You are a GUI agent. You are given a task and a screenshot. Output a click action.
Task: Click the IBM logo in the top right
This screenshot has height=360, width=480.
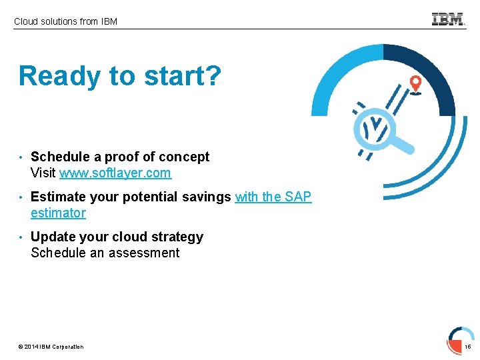pyautogui.click(x=448, y=19)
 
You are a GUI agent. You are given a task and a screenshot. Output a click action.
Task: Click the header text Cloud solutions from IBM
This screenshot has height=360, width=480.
pyautogui.click(x=65, y=21)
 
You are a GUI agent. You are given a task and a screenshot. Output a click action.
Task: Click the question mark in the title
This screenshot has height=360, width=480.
pyautogui.click(x=212, y=76)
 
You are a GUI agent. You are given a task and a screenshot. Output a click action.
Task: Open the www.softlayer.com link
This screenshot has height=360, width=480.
pyautogui.click(x=115, y=173)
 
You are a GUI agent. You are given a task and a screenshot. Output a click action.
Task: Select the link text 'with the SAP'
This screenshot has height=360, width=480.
pyautogui.click(x=273, y=197)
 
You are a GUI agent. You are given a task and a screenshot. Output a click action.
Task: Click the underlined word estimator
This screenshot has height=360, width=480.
pyautogui.click(x=58, y=213)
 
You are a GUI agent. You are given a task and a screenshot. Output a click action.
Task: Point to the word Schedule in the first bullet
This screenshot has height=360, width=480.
pyautogui.click(x=60, y=157)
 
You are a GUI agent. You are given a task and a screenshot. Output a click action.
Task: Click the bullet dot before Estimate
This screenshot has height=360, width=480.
pyautogui.click(x=22, y=197)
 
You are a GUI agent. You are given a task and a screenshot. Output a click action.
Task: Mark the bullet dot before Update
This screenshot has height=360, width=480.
pyautogui.click(x=22, y=237)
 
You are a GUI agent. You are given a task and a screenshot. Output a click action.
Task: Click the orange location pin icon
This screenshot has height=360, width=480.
pyautogui.click(x=415, y=84)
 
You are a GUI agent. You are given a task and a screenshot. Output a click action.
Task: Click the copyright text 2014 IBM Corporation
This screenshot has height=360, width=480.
pyautogui.click(x=51, y=347)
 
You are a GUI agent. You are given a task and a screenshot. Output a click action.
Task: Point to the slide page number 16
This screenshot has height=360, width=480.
pyautogui.click(x=467, y=347)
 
